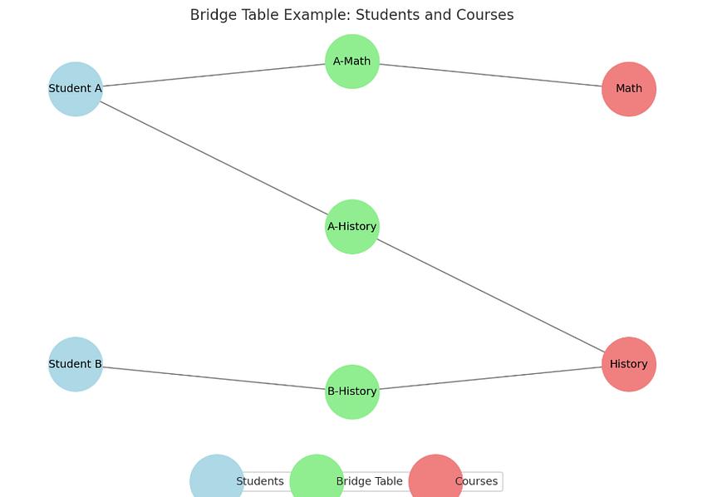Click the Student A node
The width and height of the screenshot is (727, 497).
(75, 89)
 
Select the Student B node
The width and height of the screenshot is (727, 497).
(75, 364)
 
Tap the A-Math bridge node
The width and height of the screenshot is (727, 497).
(352, 62)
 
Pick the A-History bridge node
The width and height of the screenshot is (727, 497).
(352, 227)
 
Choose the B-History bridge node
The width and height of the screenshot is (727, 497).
(352, 391)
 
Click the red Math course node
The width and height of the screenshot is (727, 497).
(629, 89)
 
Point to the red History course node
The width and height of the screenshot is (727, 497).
(629, 364)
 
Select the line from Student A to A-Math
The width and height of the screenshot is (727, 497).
(214, 75)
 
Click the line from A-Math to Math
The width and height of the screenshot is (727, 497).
(490, 75)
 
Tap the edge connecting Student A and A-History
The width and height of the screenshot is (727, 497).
(214, 158)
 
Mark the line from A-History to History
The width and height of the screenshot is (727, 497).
(490, 296)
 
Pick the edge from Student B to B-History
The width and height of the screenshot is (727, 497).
(214, 378)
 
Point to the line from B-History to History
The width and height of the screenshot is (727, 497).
(490, 378)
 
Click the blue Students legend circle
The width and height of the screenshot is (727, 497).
(217, 478)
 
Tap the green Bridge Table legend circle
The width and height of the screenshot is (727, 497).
(317, 478)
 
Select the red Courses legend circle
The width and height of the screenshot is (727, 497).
(436, 478)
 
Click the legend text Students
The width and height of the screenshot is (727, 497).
(260, 481)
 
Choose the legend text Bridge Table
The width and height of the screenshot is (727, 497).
(370, 481)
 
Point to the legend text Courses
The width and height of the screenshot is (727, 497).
(477, 481)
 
